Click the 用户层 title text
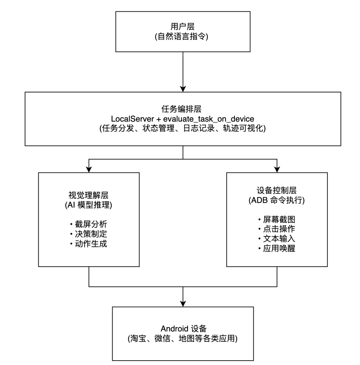[x=183, y=26]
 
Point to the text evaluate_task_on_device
[x=209, y=119]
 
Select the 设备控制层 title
[x=277, y=190]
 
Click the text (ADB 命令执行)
[x=277, y=200]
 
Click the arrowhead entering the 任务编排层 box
[x=183, y=89]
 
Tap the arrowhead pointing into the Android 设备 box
[x=183, y=304]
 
